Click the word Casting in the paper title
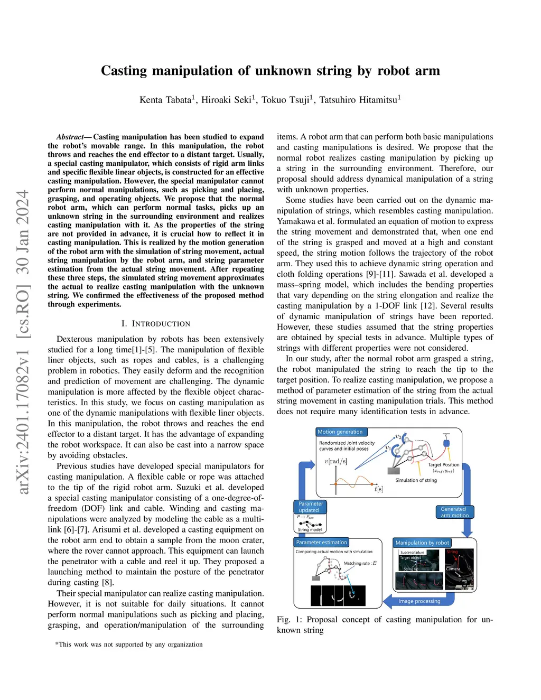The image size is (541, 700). [x=124, y=71]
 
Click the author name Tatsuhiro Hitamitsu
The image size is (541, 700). [x=359, y=100]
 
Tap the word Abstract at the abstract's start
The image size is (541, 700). [x=70, y=137]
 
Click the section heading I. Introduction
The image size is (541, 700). [x=155, y=323]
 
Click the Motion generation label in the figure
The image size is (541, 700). [x=340, y=432]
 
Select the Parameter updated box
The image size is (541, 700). [x=310, y=507]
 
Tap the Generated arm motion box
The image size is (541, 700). [x=454, y=512]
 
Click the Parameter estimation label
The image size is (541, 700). [x=321, y=542]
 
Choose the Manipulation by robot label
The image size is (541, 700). [x=422, y=543]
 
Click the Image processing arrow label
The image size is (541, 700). [x=419, y=601]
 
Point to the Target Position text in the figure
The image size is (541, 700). [x=443, y=465]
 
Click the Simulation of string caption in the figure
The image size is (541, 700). [x=416, y=480]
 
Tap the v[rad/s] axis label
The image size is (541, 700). [x=336, y=461]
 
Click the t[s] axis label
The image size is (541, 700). [x=378, y=489]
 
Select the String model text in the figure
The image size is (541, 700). [x=310, y=529]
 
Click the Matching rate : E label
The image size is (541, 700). [x=360, y=563]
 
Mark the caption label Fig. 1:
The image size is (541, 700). [x=289, y=619]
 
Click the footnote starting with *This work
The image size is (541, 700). [x=129, y=644]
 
